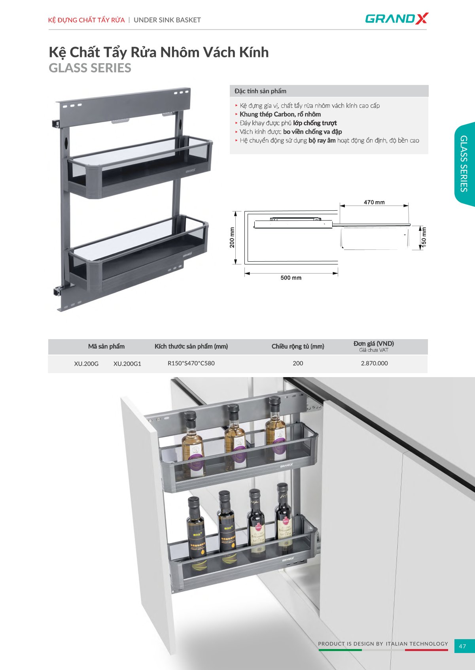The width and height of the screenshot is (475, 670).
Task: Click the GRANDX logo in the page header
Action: click(397, 18)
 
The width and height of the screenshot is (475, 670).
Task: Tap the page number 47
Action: click(462, 646)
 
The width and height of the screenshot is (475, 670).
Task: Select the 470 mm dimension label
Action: click(374, 202)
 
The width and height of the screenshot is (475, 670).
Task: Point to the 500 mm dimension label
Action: click(291, 277)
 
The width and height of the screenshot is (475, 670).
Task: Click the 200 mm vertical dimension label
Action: click(232, 238)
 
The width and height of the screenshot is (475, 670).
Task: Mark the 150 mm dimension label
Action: click(424, 237)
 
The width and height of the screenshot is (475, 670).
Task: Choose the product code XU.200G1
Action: click(127, 364)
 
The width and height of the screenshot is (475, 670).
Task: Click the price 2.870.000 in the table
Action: click(374, 363)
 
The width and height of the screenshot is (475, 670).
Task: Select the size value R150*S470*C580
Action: click(191, 363)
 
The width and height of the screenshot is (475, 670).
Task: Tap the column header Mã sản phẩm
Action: click(106, 346)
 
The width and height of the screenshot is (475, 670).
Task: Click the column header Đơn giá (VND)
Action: click(373, 343)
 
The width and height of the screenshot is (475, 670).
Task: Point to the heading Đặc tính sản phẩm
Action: click(260, 91)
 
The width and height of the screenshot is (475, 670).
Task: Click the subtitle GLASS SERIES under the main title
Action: click(90, 68)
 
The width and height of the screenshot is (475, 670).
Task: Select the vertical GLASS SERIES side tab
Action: click(464, 164)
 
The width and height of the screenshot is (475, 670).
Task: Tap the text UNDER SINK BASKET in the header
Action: click(167, 20)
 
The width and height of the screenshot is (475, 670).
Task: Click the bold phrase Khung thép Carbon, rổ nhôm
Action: click(280, 114)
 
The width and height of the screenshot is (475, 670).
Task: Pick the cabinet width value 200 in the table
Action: click(298, 363)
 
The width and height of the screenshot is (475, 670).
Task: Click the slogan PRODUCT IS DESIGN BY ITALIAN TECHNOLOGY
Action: click(383, 644)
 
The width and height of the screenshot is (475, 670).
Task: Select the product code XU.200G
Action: click(86, 364)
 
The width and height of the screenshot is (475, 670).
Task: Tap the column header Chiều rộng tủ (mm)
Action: click(298, 346)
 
